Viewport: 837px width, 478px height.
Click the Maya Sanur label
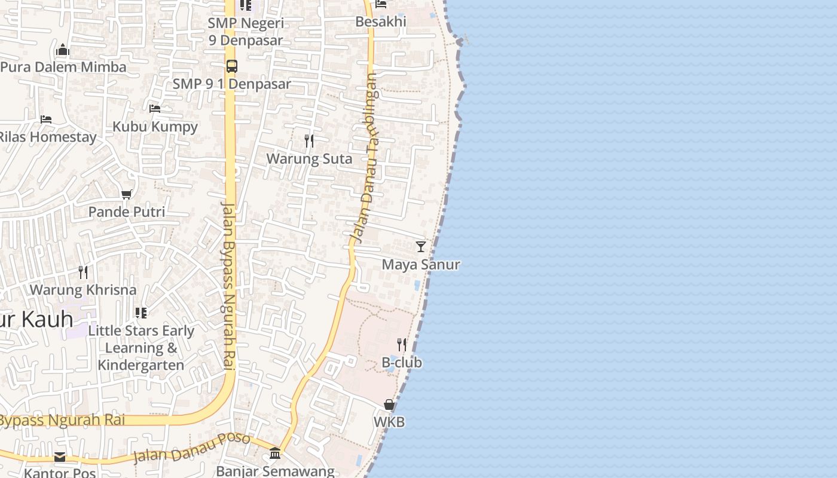point(421,265)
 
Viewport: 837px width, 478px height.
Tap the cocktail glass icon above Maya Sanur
point(421,246)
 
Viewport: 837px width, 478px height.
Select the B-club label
point(402,363)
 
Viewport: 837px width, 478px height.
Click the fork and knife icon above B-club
point(402,344)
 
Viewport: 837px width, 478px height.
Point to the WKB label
point(389,422)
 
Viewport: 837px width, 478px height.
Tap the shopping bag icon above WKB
point(389,405)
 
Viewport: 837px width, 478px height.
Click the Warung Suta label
point(309,159)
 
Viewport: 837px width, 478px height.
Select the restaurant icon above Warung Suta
point(309,140)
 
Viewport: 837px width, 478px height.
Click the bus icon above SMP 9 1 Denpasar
point(232,66)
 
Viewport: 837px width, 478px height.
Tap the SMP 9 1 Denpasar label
point(232,84)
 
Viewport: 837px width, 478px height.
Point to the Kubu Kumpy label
point(155,127)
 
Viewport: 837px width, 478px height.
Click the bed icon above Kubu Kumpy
point(155,108)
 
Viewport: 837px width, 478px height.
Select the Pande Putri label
point(127,212)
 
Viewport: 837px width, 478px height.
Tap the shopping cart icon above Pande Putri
point(127,194)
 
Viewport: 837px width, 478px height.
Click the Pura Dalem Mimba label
point(63,67)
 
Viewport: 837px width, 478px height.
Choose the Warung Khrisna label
point(83,290)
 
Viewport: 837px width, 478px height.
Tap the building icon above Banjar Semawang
point(275,453)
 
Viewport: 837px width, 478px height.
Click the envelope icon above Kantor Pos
point(60,457)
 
